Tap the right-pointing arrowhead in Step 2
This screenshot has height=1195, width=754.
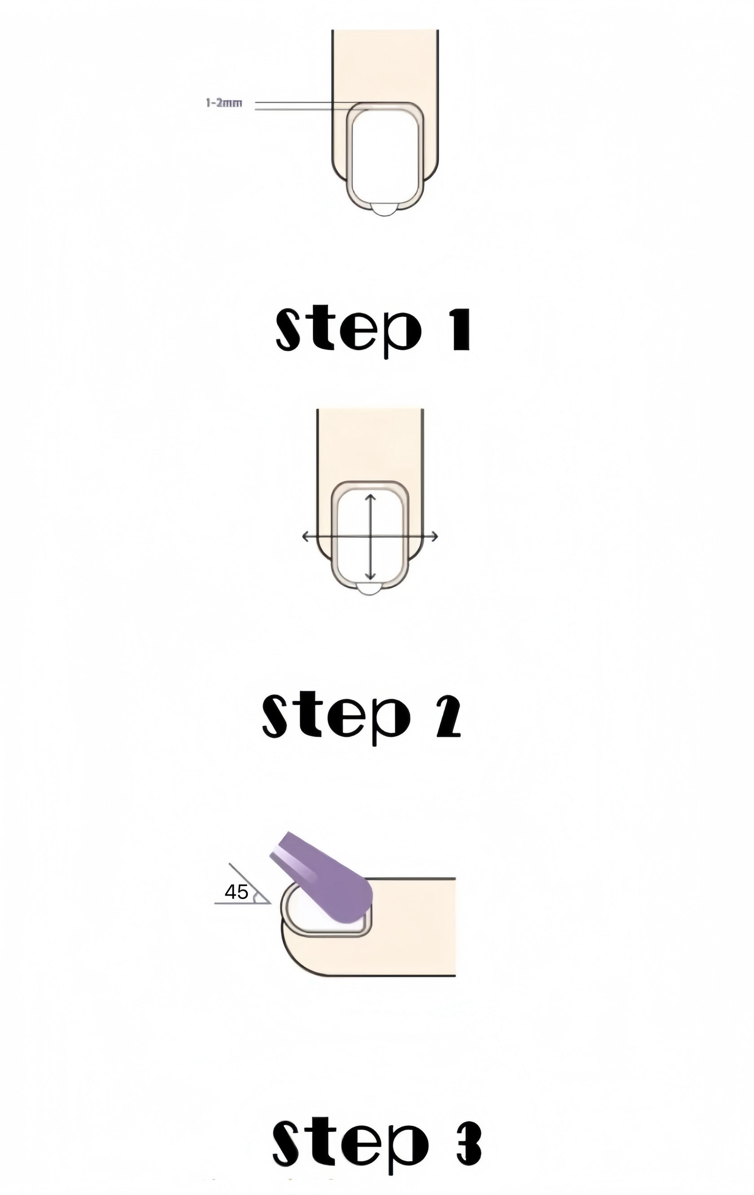click(x=434, y=536)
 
